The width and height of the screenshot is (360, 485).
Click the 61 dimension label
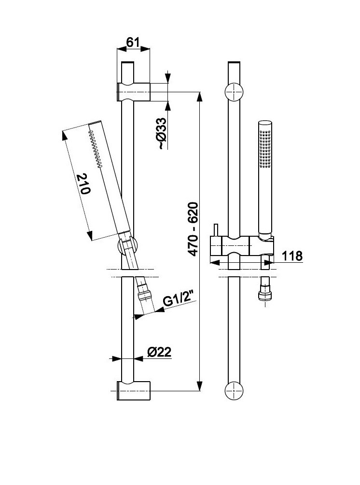pos(133,43)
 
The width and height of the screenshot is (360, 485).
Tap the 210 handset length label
pos(83,184)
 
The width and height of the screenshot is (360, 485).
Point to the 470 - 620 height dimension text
pos(193,229)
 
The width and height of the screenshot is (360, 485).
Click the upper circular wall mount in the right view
pos(235,91)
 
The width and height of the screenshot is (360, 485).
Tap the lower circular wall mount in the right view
pos(235,390)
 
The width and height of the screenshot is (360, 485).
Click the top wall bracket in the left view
pos(134,91)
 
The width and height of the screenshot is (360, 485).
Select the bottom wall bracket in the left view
pos(134,390)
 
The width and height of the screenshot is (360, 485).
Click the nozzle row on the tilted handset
pos(96,148)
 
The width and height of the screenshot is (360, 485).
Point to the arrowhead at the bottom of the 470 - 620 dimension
pos(200,386)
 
